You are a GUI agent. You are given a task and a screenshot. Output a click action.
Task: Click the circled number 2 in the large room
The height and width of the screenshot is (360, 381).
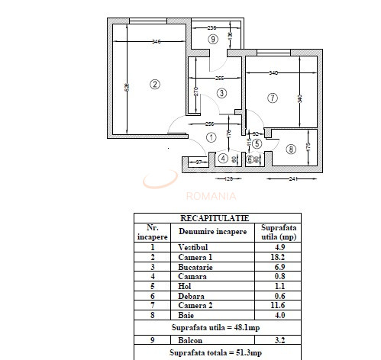(154, 84)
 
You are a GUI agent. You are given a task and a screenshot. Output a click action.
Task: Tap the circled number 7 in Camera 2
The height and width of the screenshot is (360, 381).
(273, 98)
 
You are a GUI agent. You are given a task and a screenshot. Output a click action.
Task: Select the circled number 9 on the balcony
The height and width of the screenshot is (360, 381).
(213, 38)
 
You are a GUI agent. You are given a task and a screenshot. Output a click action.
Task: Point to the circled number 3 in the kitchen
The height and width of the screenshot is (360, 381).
(221, 93)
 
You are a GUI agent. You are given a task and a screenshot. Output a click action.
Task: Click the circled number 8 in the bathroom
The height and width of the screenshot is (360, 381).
(290, 149)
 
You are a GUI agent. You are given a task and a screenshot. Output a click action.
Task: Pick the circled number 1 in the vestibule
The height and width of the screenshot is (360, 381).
(211, 137)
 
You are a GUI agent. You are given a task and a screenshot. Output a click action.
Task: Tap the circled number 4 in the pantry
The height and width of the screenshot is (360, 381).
(223, 159)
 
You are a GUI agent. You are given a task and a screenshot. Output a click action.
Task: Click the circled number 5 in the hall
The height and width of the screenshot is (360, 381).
(257, 143)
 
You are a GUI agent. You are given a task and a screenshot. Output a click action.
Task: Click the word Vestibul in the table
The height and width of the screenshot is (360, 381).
(194, 247)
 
